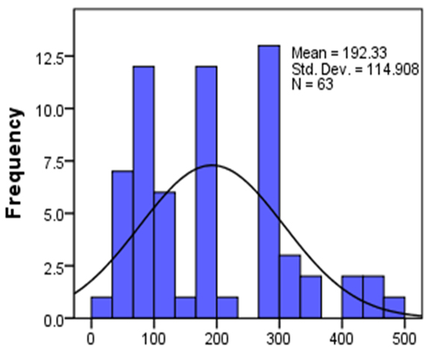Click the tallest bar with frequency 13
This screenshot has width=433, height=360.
[269, 182]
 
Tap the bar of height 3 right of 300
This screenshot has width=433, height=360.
[290, 288]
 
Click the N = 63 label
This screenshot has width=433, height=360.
[312, 85]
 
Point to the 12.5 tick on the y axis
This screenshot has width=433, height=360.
[57, 57]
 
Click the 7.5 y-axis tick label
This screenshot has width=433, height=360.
[60, 162]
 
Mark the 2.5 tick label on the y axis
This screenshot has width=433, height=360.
[60, 267]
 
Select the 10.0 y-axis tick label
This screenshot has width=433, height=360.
[57, 109]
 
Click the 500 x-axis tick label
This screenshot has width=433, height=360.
[404, 337]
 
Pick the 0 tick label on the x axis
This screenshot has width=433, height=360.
[91, 337]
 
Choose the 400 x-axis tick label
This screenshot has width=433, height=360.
[342, 337]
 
